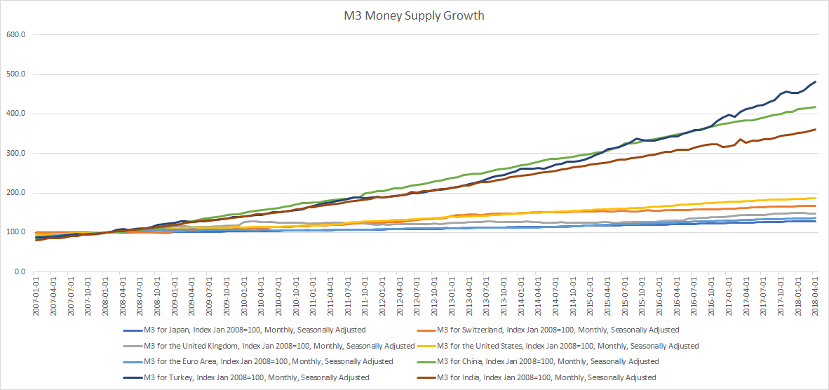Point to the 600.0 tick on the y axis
15,34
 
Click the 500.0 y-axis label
15,74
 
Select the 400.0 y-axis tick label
15,114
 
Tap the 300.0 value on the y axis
15,154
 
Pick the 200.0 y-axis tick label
15,193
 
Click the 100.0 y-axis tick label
15,233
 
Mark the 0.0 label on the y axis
19,272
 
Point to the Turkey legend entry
256,377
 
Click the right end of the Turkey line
815,81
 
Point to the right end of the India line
815,129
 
